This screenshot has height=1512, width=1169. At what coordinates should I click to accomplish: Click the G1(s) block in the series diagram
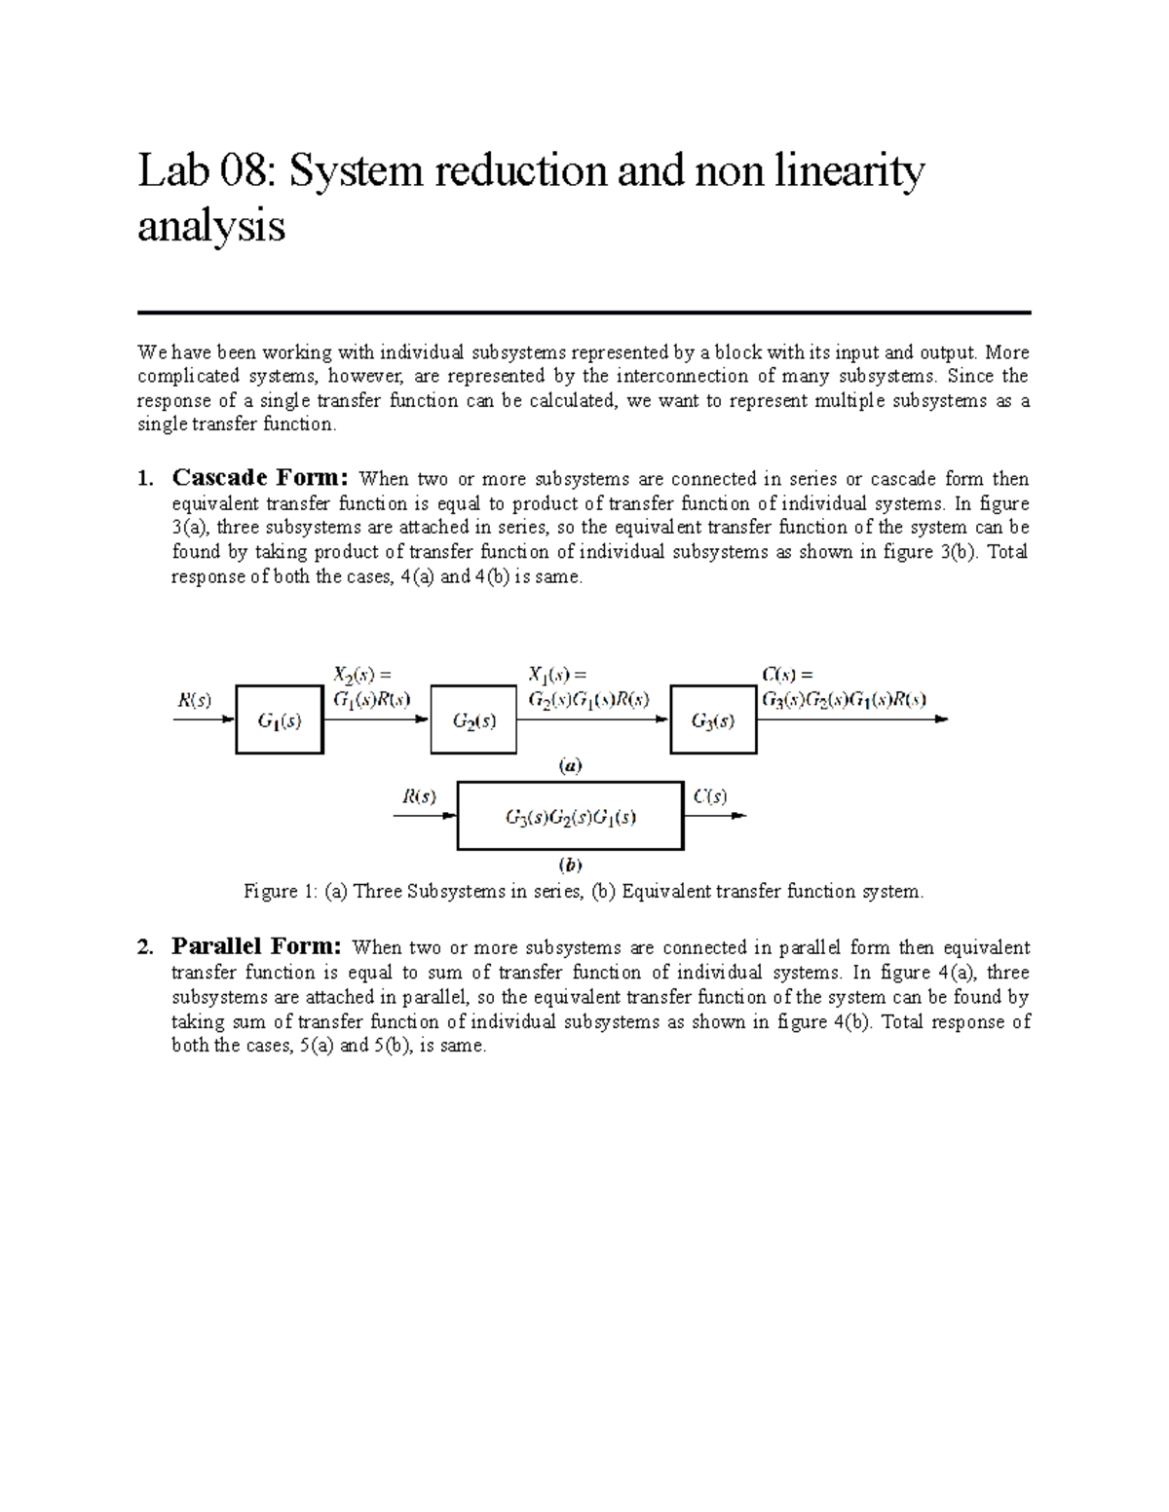coord(279,719)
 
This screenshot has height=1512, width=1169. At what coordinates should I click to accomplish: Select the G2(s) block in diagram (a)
coord(473,719)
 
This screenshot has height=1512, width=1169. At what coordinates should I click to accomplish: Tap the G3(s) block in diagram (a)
coord(713,719)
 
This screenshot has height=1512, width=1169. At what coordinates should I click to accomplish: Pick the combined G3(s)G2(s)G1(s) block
coord(570,816)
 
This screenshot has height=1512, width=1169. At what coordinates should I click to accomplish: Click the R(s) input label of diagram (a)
coord(193,699)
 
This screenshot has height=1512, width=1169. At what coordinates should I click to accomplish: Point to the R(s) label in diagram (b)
coord(419,796)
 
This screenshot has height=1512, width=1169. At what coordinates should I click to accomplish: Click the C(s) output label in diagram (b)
coord(709,796)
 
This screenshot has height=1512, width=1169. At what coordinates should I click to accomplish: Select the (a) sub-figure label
coord(570,766)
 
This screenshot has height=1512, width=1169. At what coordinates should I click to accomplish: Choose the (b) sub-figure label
coord(570,864)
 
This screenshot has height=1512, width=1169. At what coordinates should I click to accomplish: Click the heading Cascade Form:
coord(259,478)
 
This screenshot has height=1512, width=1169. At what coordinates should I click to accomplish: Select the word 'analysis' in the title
coord(211,227)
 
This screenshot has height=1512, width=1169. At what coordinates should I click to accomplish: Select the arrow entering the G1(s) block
coord(204,720)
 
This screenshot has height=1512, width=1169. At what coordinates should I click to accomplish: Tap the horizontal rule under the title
coord(584,313)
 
